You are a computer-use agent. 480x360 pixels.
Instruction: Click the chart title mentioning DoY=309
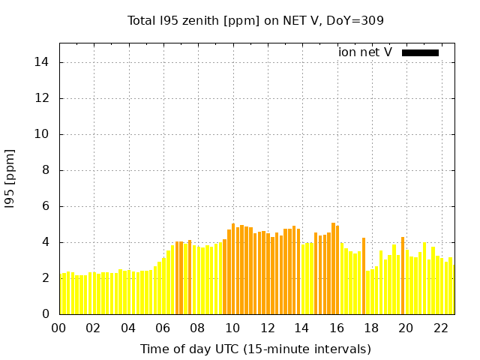point(256,20)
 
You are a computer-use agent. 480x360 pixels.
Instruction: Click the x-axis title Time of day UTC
point(256,349)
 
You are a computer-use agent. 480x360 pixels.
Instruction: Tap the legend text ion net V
point(365,52)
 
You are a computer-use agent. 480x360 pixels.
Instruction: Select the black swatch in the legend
point(420,52)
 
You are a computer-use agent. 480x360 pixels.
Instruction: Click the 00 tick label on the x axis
point(58,328)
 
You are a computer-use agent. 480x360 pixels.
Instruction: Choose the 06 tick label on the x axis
point(163,328)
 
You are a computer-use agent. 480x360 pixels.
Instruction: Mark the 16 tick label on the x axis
point(337,328)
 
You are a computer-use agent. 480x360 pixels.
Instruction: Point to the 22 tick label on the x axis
point(441,328)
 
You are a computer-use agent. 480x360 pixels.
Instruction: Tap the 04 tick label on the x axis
point(128,328)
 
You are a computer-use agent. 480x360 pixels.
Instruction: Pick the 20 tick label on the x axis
point(406,328)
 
